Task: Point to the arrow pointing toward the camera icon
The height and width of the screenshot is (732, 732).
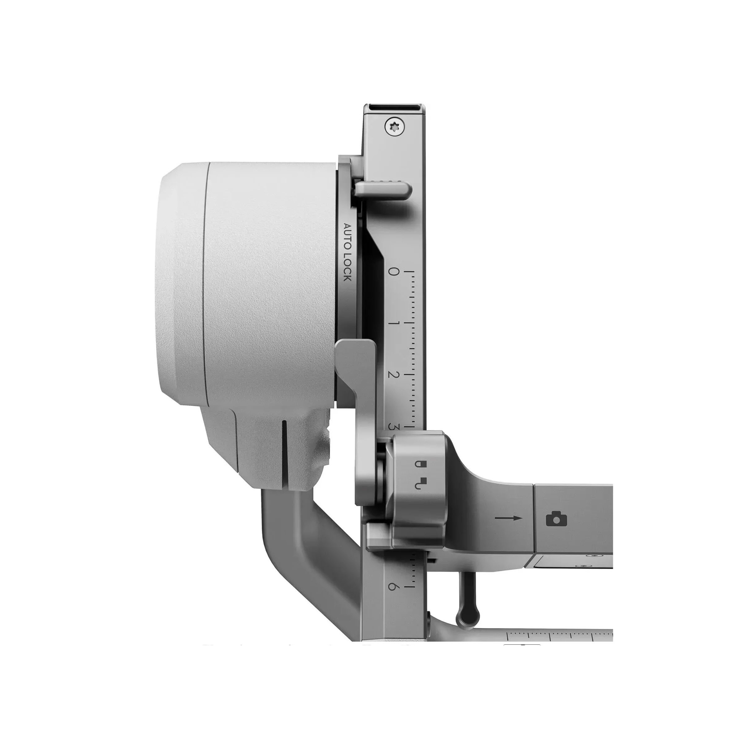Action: tap(508, 518)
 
